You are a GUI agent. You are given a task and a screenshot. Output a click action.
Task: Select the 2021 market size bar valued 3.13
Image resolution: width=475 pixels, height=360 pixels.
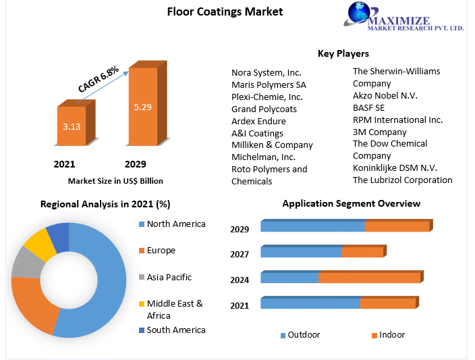[x=71, y=126]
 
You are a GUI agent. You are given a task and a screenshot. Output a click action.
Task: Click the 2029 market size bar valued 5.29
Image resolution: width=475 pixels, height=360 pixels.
[x=143, y=106]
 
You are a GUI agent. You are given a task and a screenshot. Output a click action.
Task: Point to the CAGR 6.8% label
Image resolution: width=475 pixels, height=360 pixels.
[x=99, y=80]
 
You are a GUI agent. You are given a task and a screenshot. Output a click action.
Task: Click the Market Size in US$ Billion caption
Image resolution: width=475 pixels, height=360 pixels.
[x=115, y=181]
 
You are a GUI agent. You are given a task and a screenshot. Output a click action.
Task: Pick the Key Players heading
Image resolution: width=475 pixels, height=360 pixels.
[x=343, y=53]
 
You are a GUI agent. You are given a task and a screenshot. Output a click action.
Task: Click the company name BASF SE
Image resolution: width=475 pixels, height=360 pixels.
[x=368, y=107]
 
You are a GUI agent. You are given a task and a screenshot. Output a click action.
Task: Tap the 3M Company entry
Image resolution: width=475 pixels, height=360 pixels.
[x=379, y=132]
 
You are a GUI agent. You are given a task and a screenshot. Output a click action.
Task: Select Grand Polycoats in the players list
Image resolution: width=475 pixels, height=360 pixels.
[x=264, y=109]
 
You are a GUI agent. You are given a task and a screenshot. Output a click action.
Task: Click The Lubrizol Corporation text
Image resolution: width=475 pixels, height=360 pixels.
[x=402, y=180]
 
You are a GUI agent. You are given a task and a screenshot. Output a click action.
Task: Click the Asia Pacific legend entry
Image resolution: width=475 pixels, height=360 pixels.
[x=169, y=277]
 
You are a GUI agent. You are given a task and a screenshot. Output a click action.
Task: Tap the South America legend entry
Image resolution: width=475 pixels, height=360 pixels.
[x=175, y=330]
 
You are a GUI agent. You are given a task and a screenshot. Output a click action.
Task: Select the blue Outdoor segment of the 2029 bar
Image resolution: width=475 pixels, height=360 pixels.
[x=312, y=226]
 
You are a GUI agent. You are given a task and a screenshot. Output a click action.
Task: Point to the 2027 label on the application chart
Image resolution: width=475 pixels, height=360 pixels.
[x=240, y=255]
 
